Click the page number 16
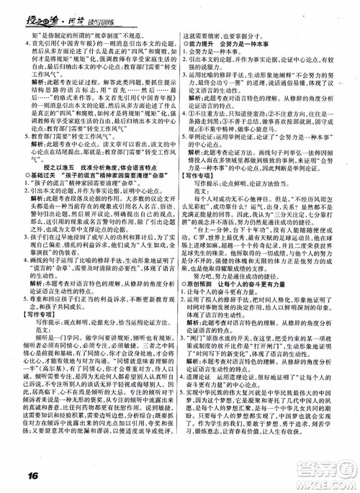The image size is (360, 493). click(x=19, y=476)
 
